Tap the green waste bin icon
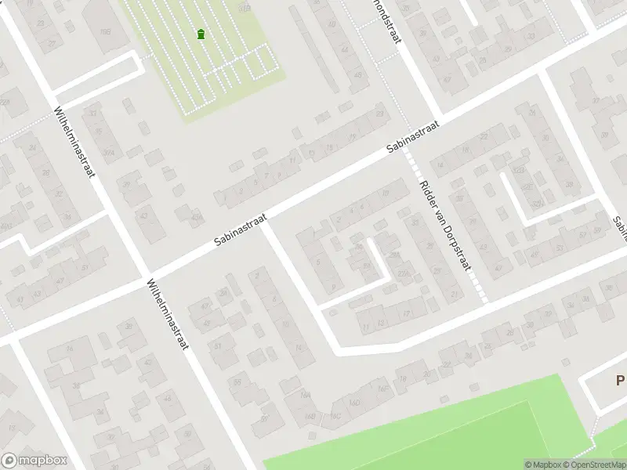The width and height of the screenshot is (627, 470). pyautogui.click(x=201, y=34)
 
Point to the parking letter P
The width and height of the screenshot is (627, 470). pyautogui.click(x=620, y=381)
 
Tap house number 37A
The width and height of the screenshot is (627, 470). pyautogui.click(x=109, y=153)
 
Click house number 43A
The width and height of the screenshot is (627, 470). pyautogui.click(x=197, y=217)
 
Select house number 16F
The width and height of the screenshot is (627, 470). pyautogui.click(x=382, y=388)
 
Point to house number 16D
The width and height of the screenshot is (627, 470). pyautogui.click(x=357, y=403)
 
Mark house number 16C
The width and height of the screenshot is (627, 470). pyautogui.click(x=335, y=414)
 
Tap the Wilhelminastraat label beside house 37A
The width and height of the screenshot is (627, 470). pyautogui.click(x=74, y=141)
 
